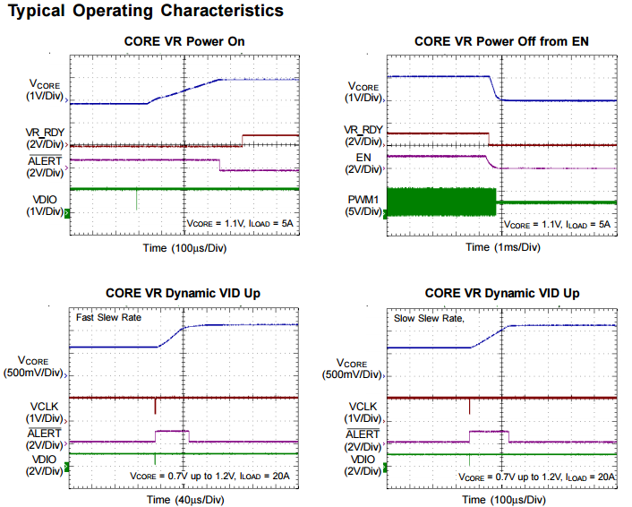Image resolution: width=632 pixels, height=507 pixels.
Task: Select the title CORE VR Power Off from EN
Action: (502, 41)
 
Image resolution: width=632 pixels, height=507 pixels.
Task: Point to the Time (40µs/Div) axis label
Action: (184, 498)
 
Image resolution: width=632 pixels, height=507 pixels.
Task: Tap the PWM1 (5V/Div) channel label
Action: (365, 205)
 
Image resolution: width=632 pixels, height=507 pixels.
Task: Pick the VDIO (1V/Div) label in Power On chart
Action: (45, 205)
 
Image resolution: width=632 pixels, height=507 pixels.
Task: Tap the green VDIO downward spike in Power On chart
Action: (137, 200)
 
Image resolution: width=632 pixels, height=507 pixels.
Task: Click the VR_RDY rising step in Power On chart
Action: (243, 140)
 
